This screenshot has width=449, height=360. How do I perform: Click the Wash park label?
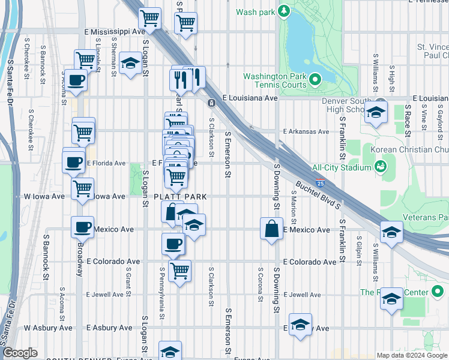[x=255, y=11]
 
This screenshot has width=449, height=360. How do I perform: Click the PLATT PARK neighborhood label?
[x=180, y=197]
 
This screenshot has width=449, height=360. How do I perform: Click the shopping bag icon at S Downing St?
[x=271, y=229]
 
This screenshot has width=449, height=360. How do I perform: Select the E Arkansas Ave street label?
[x=306, y=131]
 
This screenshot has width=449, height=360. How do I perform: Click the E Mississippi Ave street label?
[x=115, y=31]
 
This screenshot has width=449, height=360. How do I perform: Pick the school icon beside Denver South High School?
[x=376, y=113]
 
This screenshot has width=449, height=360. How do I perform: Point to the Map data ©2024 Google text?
[x=412, y=355]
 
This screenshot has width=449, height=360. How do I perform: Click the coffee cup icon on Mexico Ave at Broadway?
[x=82, y=227]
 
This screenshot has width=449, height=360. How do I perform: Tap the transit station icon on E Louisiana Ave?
[x=212, y=103]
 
